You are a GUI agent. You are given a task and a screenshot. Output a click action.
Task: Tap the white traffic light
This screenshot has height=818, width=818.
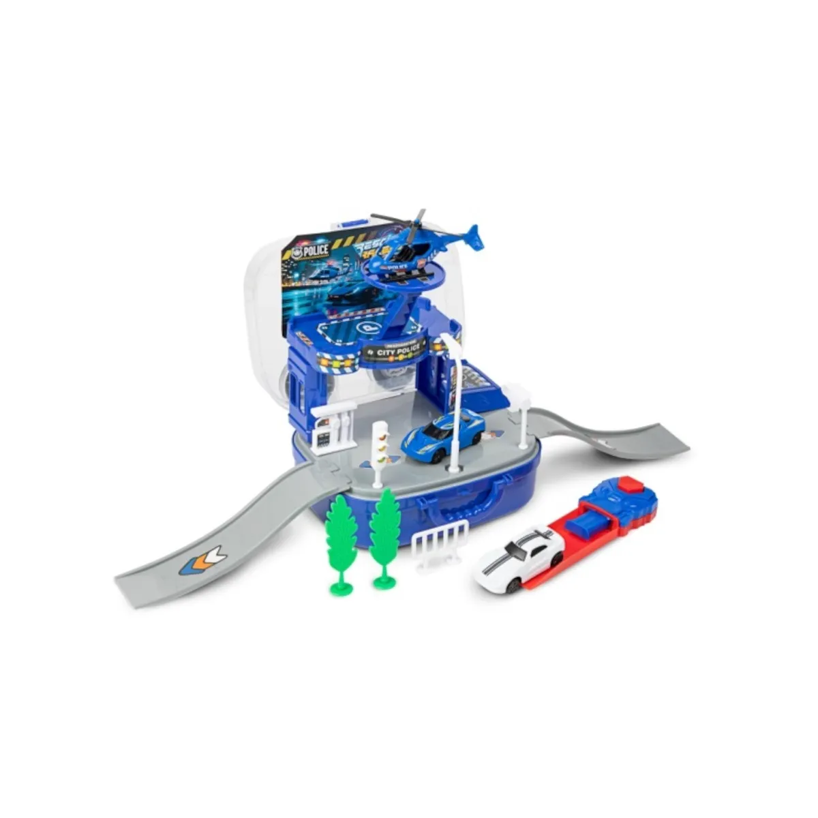tap(379, 443)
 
